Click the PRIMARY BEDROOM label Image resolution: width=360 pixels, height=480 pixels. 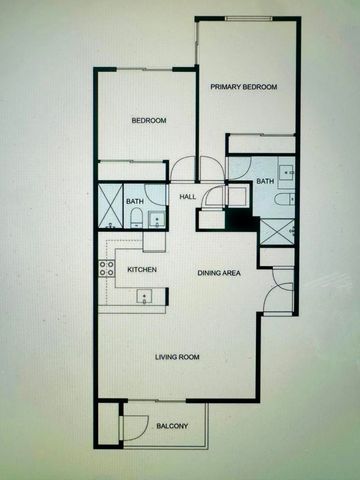(243, 88)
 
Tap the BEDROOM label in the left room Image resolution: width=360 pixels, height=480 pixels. (149, 121)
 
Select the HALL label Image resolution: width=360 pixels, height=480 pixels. (187, 197)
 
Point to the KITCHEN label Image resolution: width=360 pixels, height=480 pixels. (140, 270)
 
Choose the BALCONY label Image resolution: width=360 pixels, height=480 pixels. (172, 427)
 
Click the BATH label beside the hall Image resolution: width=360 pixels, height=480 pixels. (134, 202)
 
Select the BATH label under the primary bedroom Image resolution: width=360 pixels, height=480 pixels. (264, 181)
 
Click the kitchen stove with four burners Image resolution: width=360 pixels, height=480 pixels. (106, 267)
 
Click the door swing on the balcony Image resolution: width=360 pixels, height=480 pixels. (130, 426)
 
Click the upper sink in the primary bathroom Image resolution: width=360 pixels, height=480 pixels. (287, 172)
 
